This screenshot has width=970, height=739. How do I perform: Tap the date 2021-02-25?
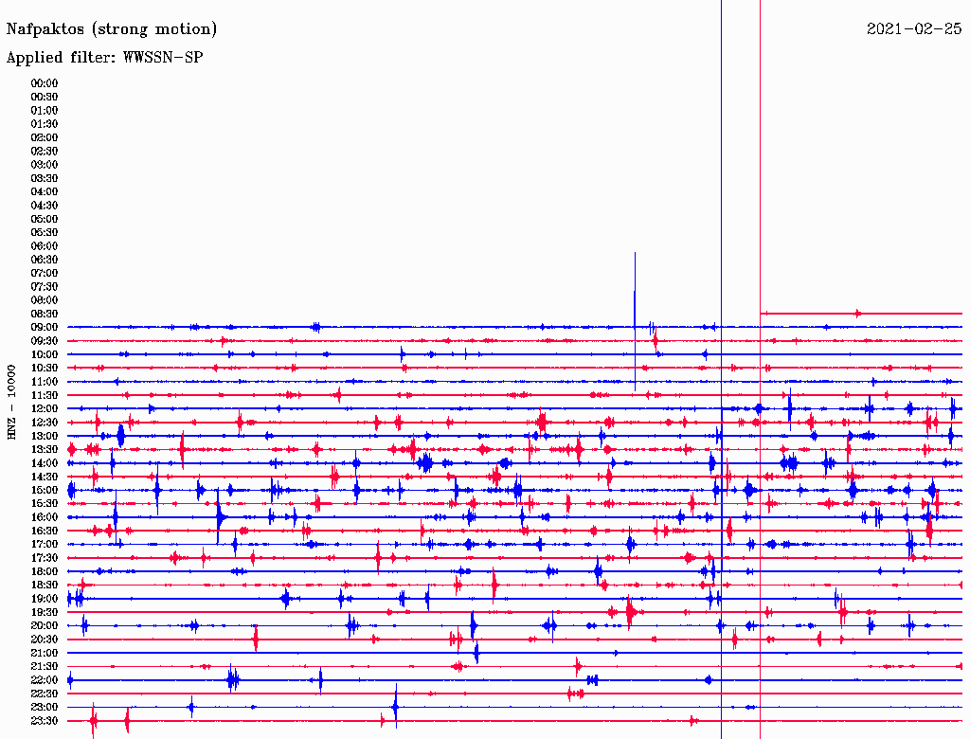click(914, 29)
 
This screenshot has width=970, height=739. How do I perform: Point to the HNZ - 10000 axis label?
click(12, 401)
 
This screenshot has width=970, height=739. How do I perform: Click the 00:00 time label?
click(45, 83)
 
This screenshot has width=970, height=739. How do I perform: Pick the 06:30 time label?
click(45, 260)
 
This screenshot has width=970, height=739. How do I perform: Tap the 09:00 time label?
click(45, 327)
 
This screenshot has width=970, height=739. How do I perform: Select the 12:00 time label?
click(45, 408)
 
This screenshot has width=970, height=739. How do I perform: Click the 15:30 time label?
click(45, 503)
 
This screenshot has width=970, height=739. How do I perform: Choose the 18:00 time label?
click(45, 571)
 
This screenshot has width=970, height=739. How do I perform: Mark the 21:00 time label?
click(45, 653)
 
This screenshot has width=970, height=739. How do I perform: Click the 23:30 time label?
click(45, 720)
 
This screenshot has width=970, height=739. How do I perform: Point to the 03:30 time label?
click(45, 178)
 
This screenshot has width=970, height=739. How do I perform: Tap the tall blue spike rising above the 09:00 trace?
click(635, 284)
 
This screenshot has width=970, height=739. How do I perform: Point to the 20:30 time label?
click(45, 639)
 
